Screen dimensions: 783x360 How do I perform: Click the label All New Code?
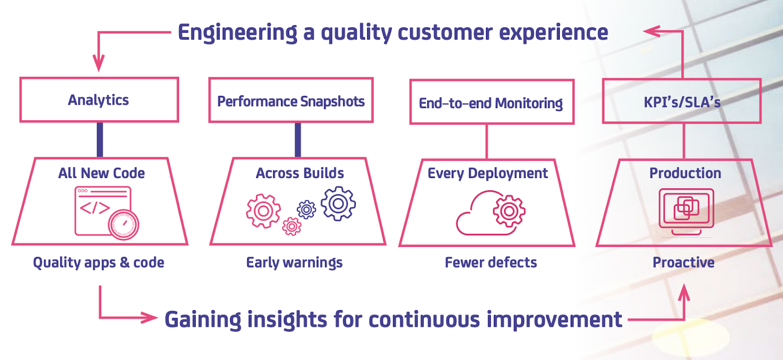[101, 173]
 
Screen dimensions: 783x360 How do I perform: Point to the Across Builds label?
[300, 173]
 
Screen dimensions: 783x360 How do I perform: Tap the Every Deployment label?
[487, 174]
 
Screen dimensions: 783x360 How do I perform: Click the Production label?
[685, 173]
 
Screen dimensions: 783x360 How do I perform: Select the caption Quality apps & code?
[98, 263]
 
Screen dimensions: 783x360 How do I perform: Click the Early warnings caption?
[294, 263]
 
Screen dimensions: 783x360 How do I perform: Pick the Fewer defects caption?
[491, 263]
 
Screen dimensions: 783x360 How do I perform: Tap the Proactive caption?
[683, 263]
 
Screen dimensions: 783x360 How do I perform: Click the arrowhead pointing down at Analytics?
[98, 64]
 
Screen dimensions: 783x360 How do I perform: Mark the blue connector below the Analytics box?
[100, 140]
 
